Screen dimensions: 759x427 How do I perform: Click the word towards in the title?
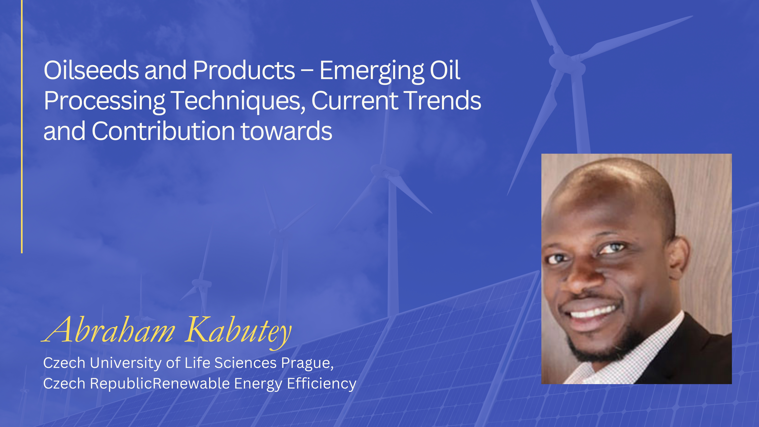(x=287, y=131)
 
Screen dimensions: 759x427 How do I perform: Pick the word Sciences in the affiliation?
(x=245, y=363)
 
